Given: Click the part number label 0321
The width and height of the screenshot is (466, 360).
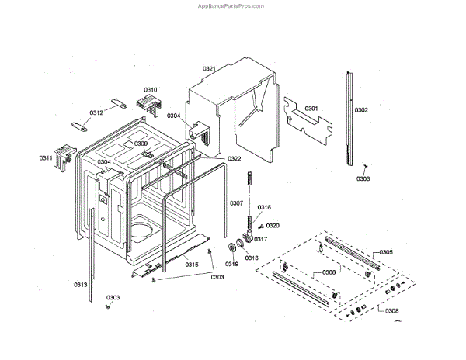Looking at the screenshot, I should [209, 69].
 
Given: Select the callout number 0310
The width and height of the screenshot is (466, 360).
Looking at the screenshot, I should [150, 89].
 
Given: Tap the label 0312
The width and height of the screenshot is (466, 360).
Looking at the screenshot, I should [96, 113].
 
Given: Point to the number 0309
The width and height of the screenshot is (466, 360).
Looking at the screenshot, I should [141, 144].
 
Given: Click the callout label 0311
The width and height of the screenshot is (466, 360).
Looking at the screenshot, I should [46, 158].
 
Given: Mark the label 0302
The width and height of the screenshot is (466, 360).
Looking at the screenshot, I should [362, 110].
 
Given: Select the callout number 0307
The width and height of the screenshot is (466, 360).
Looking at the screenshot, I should [236, 203].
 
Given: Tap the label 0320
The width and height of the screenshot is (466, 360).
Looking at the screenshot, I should [273, 226].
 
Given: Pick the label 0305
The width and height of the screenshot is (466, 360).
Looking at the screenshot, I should [386, 253].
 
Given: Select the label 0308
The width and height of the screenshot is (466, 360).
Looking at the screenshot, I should [391, 310].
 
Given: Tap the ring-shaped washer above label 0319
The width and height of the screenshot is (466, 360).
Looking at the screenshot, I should [232, 247].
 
